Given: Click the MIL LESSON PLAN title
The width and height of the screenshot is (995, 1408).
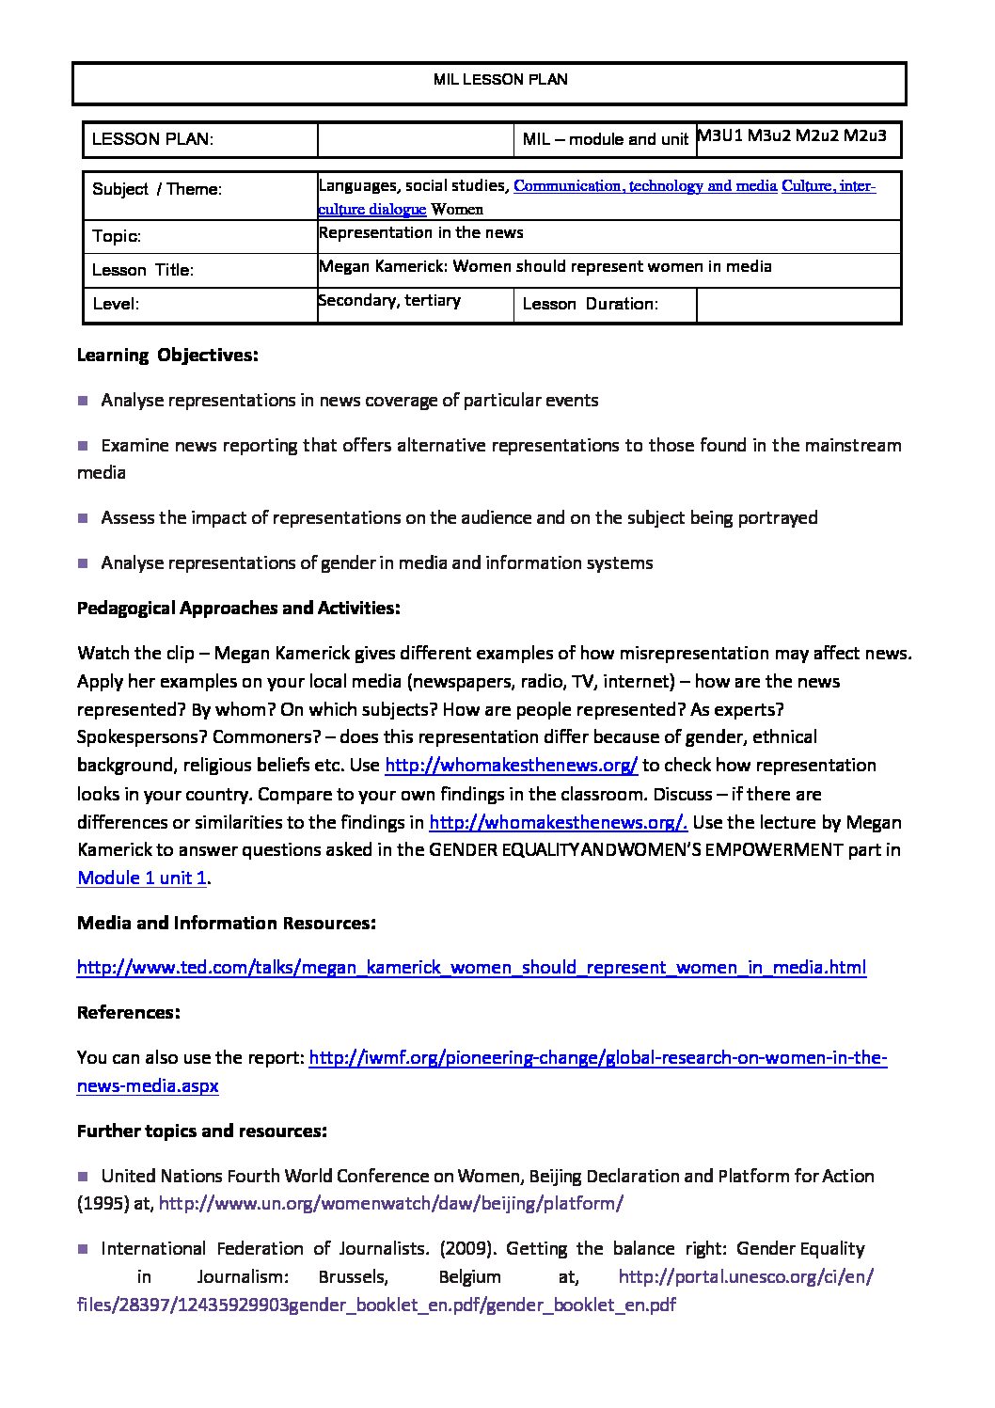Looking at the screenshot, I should [500, 80].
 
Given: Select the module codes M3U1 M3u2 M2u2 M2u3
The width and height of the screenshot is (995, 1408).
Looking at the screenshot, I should [792, 135].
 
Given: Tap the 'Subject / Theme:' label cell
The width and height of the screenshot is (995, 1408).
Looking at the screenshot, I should [157, 189].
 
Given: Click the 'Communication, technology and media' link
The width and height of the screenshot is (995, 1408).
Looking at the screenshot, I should [645, 186].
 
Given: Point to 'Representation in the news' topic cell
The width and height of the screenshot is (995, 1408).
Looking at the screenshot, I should [420, 232].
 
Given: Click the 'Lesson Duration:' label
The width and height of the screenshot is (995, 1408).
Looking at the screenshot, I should [590, 304].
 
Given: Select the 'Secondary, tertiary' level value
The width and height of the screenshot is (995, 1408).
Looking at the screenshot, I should [389, 300].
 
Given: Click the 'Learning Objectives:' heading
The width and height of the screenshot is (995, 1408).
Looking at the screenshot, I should [167, 355].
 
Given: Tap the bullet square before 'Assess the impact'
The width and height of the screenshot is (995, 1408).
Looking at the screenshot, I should [83, 517].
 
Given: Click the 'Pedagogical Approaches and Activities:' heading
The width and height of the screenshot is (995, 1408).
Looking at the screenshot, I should [239, 608].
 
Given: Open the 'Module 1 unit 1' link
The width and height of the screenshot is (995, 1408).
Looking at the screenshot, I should [142, 878].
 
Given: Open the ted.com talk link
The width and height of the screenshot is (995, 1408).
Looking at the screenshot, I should [471, 967].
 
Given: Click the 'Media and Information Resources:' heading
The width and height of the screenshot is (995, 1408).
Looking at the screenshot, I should [227, 923].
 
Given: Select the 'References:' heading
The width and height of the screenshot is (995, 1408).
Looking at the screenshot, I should [128, 1012].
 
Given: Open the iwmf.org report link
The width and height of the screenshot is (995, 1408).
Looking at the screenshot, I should [597, 1058].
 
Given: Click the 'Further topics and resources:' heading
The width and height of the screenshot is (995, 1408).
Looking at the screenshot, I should [202, 1131].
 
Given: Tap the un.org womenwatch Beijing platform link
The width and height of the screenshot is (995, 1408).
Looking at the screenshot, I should [391, 1203].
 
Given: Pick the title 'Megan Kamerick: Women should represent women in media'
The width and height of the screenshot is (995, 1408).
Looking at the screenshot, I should [545, 266].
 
